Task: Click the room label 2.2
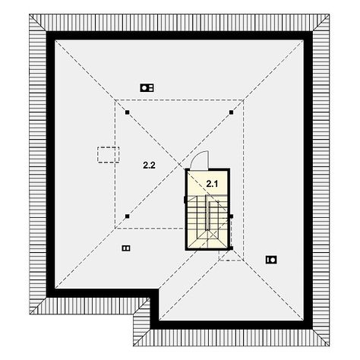point(149,166)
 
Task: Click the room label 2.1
point(212,184)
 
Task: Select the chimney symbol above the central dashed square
point(147,88)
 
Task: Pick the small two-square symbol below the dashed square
point(126,248)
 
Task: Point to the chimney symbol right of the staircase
point(271,260)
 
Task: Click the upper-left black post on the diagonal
point(128,112)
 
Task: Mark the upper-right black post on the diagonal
point(231,112)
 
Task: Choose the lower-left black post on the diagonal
point(128,216)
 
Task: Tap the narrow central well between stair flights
point(208,213)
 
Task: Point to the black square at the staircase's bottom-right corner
point(231,248)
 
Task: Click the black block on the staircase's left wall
point(185,200)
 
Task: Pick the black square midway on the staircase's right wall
point(231,216)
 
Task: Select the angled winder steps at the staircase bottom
point(207,239)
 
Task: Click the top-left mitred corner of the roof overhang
point(38,23)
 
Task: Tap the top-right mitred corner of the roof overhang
point(321,23)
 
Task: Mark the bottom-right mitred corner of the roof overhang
point(321,337)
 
